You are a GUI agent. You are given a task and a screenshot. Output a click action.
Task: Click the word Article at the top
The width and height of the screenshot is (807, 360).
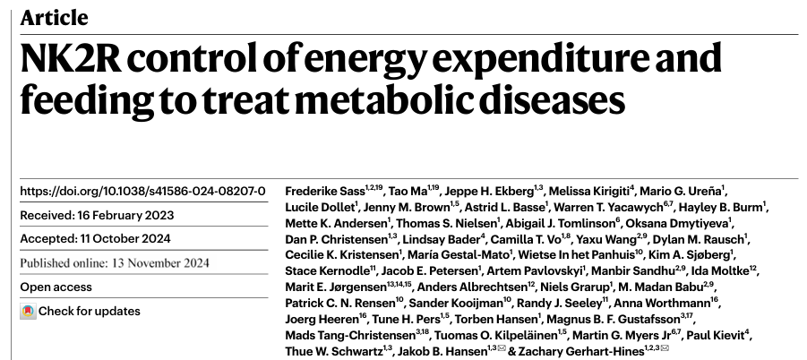click(x=54, y=18)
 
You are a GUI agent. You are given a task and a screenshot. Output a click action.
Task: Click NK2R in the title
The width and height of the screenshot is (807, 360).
click(x=71, y=58)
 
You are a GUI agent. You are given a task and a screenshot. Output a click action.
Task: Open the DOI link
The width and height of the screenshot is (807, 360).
click(x=142, y=192)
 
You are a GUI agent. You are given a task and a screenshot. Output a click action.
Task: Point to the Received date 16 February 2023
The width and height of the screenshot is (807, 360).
click(x=125, y=215)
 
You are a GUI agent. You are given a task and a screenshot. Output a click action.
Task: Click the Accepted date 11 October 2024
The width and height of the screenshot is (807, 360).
click(x=125, y=238)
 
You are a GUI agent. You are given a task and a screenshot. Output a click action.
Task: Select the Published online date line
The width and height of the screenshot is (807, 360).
click(x=115, y=262)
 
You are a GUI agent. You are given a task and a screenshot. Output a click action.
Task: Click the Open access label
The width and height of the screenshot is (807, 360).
click(x=56, y=287)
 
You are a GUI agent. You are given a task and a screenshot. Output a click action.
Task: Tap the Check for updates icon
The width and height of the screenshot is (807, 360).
click(x=29, y=311)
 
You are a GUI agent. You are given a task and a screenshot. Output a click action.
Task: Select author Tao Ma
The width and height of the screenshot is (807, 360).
click(x=408, y=192)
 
